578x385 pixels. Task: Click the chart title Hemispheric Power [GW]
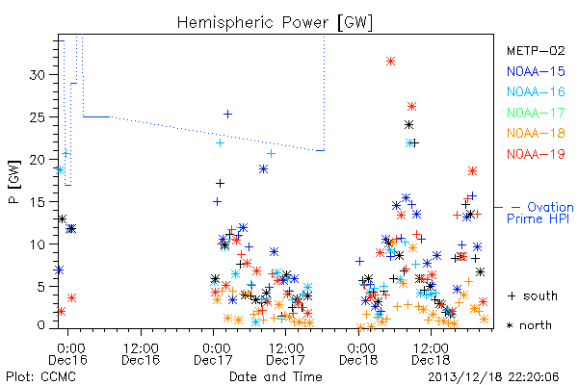(275, 22)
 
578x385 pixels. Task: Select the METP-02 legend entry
(536, 50)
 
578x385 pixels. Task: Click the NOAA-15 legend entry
(536, 71)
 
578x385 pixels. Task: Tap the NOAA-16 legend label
(536, 91)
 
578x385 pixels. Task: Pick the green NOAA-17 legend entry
(536, 113)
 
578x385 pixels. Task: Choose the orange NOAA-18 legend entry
(536, 133)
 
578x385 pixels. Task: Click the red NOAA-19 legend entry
(536, 154)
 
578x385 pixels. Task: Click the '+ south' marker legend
(533, 295)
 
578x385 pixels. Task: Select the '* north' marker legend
(529, 325)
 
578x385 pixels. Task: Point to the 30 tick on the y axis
(37, 75)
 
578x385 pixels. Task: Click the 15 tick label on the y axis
(37, 202)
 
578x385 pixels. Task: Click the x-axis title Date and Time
(276, 377)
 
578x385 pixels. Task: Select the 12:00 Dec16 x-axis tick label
(141, 354)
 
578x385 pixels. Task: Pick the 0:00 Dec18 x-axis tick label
(358, 354)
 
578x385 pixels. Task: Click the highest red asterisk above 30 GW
(391, 62)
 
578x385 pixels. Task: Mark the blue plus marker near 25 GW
(227, 115)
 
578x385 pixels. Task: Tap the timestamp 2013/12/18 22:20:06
(493, 377)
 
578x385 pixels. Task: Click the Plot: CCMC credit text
(40, 377)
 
